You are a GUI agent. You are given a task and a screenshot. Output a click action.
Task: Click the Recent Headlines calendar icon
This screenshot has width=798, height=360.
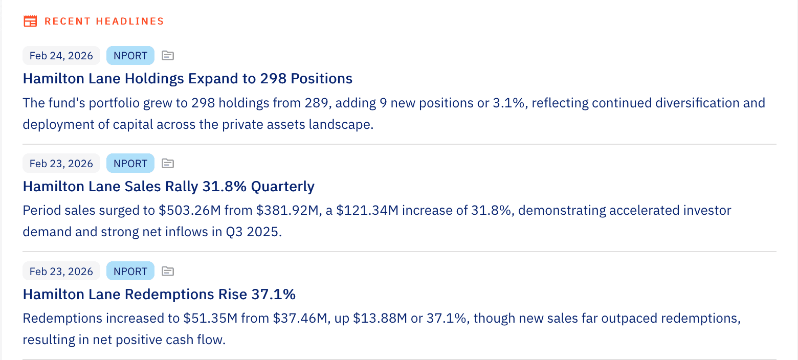[31, 21]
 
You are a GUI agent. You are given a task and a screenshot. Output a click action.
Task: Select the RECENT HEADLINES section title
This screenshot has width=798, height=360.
[104, 21]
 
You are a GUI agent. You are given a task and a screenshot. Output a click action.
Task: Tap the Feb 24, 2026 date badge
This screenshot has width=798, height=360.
[61, 56]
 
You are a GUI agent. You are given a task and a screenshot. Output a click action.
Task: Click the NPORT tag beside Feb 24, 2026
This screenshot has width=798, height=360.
[130, 56]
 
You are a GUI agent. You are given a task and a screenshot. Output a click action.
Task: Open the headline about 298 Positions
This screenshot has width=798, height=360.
[187, 79]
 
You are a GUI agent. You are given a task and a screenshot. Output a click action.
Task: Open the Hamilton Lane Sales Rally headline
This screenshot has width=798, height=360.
[168, 187]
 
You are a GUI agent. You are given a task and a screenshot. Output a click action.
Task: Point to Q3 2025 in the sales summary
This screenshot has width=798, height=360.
[254, 232]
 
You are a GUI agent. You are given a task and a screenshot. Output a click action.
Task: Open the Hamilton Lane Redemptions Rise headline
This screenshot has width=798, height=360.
[159, 295]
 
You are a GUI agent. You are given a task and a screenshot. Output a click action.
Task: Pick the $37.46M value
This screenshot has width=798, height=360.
[300, 319]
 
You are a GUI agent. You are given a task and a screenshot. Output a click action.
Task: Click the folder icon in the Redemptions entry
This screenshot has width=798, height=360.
[168, 271]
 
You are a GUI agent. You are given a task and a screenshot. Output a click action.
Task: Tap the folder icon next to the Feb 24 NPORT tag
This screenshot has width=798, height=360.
[168, 56]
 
